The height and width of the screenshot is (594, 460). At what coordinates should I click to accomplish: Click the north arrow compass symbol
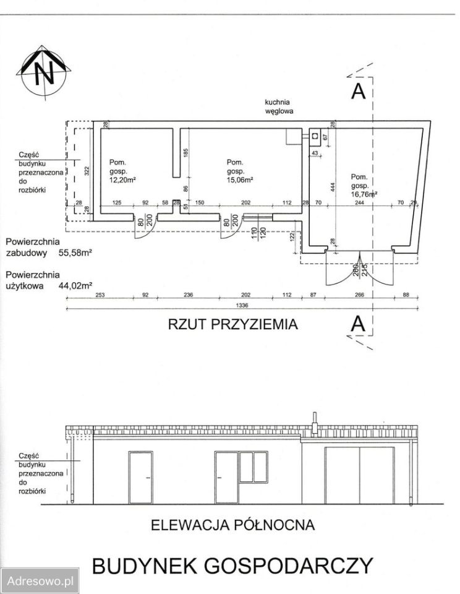43,71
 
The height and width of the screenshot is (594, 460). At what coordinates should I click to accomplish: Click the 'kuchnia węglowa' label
278,107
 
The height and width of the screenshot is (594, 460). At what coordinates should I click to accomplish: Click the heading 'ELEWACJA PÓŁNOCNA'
233,525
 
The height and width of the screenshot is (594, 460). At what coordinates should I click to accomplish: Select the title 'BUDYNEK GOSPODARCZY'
232,566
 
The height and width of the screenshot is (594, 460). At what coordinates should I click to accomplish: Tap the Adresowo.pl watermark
40,581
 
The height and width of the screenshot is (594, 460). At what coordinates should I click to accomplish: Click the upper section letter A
358,91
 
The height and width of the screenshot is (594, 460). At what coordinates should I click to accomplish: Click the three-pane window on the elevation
253,467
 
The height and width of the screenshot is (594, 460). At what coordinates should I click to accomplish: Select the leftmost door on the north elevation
140,477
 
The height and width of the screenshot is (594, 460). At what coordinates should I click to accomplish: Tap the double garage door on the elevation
360,475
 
